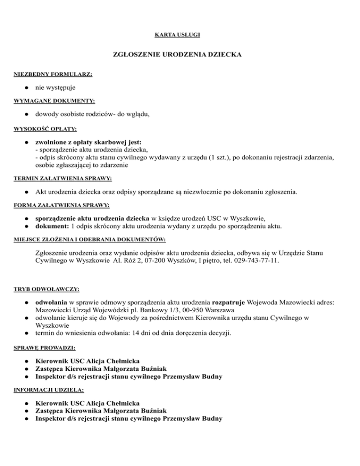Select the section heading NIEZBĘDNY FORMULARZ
[x=46, y=74]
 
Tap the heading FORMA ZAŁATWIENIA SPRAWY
[x=55, y=205]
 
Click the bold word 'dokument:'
[x=52, y=226]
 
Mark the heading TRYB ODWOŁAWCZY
[x=42, y=286]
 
